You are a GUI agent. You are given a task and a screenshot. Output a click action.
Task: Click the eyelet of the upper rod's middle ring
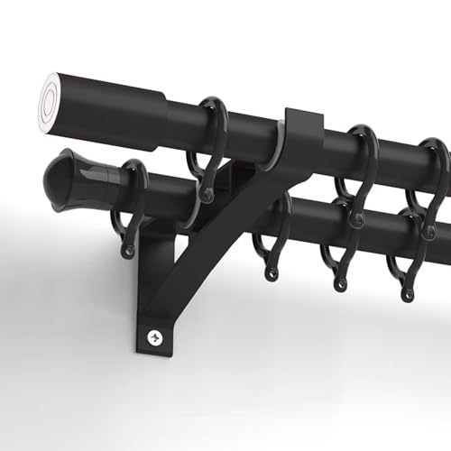tap(354, 219)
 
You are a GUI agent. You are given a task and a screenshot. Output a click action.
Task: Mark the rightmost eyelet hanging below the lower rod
tap(408, 290)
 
